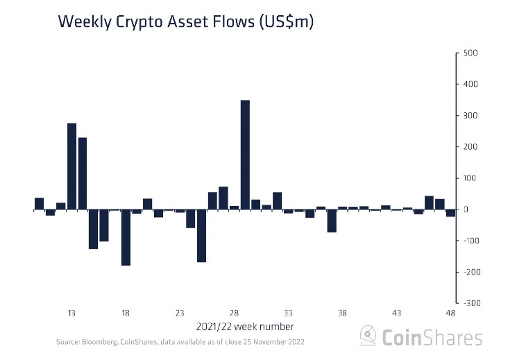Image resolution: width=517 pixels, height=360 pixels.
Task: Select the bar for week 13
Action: point(71,166)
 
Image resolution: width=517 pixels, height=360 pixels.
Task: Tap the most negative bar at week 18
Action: point(126,237)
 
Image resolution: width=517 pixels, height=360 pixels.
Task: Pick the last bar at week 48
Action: point(450,213)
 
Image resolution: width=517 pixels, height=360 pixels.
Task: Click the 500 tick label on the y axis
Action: point(471,53)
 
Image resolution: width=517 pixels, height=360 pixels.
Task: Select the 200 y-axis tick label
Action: point(471,147)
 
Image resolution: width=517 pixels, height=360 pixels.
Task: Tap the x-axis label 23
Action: point(180,313)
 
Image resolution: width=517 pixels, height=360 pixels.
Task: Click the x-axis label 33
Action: point(288,313)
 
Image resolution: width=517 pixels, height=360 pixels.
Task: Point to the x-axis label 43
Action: point(397,313)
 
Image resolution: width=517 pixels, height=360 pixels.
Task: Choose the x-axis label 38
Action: point(342,313)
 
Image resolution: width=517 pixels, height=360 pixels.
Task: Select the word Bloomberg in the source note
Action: point(99,342)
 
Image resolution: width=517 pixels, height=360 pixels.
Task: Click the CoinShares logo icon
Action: point(368,336)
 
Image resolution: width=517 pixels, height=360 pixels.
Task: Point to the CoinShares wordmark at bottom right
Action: point(432,337)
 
